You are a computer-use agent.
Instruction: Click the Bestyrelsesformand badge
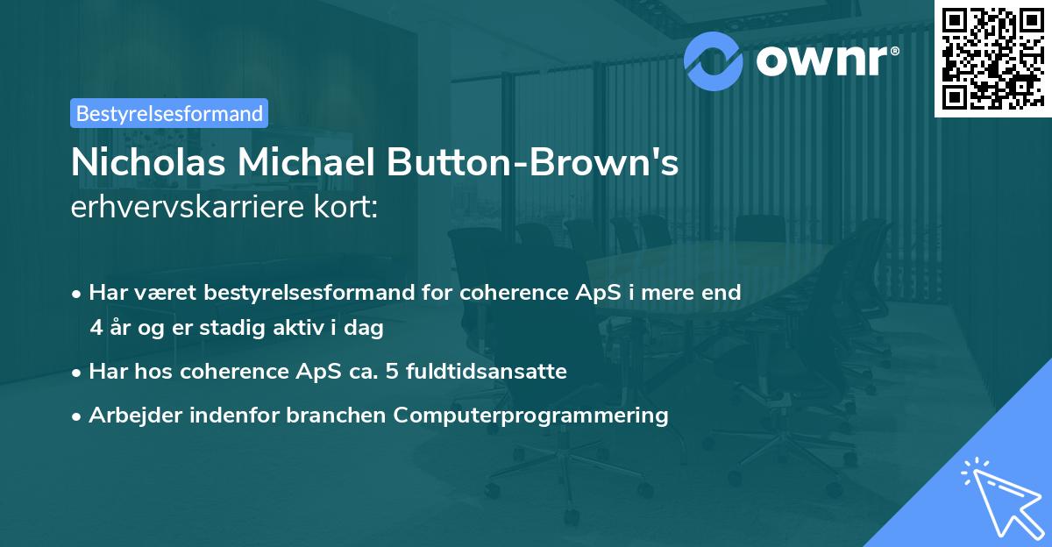[x=169, y=113]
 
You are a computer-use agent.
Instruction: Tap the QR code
[x=992, y=59]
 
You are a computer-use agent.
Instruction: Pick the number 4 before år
[x=96, y=329]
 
